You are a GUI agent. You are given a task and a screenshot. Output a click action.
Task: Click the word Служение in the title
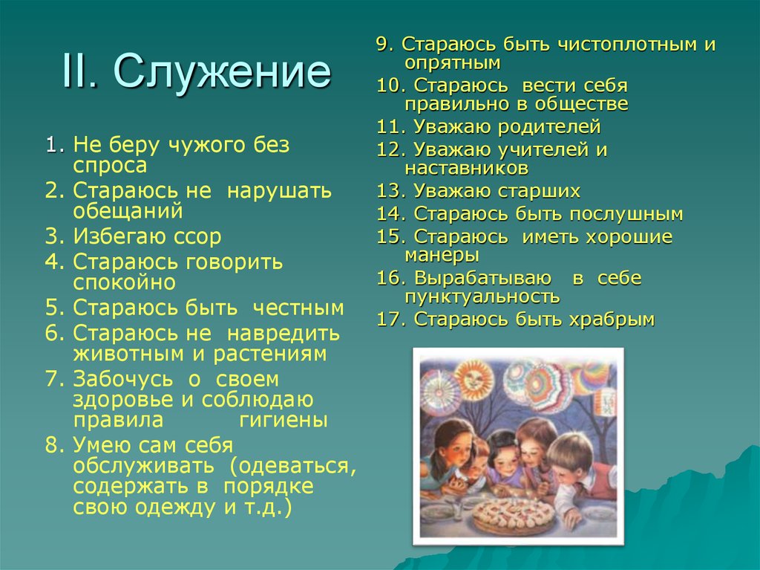pyautogui.click(x=222, y=71)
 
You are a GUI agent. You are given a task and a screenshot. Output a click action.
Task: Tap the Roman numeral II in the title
pyautogui.click(x=82, y=71)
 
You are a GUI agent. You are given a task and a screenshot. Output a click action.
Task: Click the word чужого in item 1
pyautogui.click(x=195, y=146)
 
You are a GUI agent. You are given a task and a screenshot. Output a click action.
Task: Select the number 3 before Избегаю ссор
pyautogui.click(x=50, y=237)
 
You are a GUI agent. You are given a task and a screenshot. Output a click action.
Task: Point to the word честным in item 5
pyautogui.click(x=298, y=308)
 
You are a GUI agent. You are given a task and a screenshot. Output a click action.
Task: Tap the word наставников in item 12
pyautogui.click(x=466, y=168)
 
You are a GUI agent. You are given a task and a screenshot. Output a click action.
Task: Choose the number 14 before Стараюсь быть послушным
pyautogui.click(x=390, y=215)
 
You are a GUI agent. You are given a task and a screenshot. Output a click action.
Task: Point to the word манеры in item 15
pyautogui.click(x=442, y=255)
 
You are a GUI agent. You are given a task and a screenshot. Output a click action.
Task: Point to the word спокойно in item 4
pyautogui.click(x=125, y=282)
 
